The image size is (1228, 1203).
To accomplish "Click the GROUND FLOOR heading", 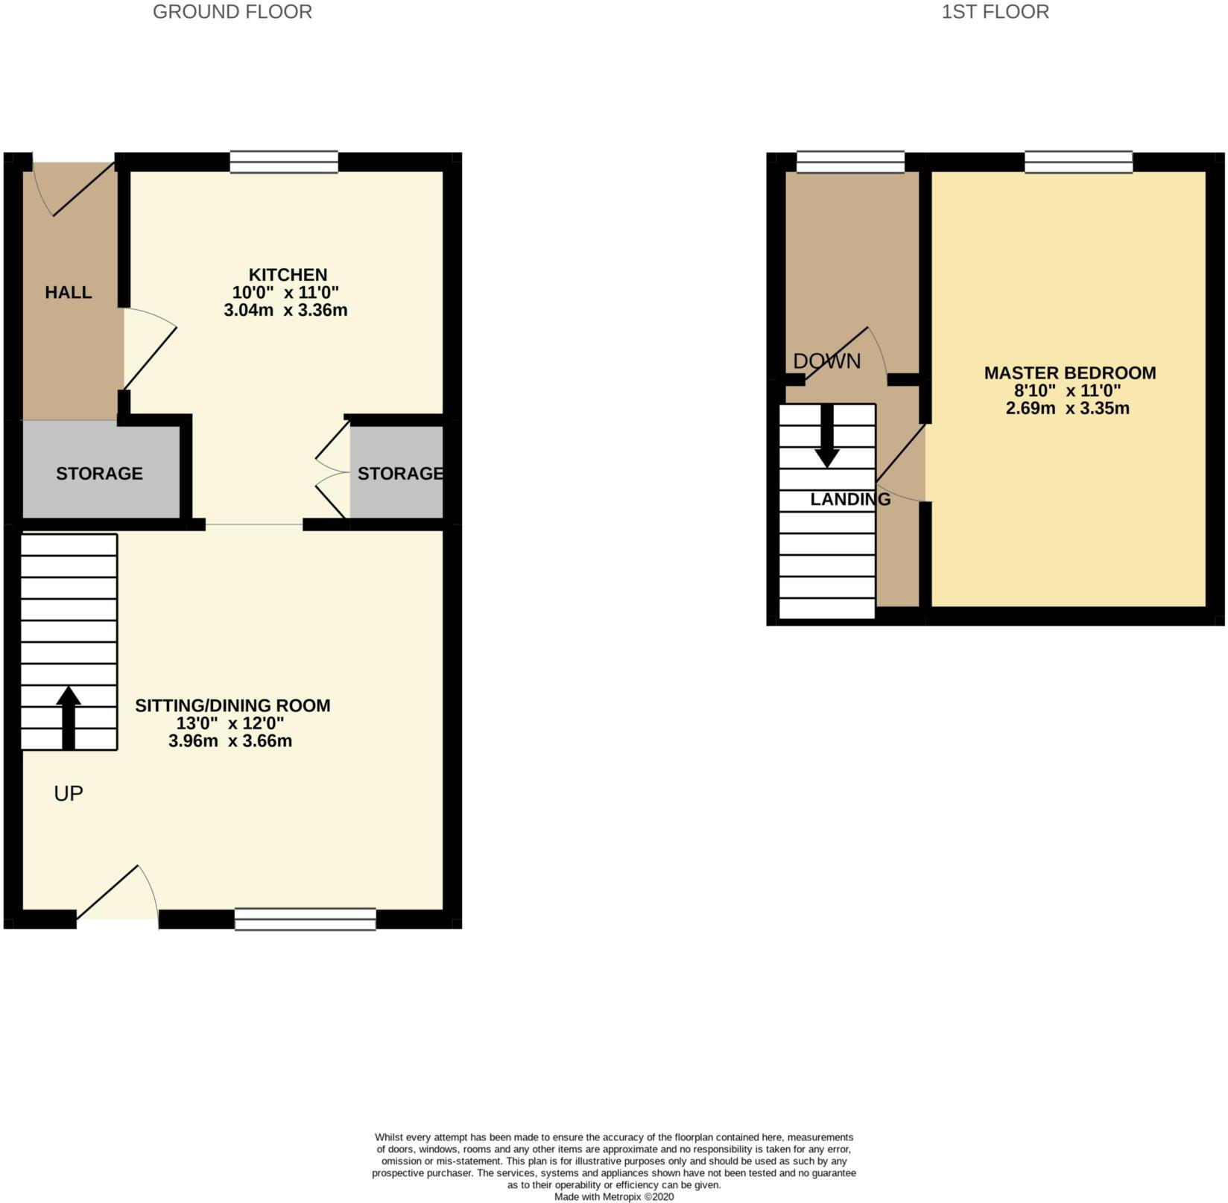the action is pos(232,12).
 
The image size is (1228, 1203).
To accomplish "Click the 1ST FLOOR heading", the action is pos(995,12).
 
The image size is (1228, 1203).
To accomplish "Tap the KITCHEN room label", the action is pos(288,275).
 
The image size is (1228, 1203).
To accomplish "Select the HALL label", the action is pos(69,292).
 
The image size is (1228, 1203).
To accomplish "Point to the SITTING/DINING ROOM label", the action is pos(232,705).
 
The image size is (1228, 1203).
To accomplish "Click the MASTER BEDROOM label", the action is pos(1070,373).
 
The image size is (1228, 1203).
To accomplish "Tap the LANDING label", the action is pos(850,499).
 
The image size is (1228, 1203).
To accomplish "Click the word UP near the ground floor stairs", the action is pos(69,793).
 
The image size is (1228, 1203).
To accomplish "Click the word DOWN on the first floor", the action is pos(827,361).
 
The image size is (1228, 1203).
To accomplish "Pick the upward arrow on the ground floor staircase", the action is pos(69,718).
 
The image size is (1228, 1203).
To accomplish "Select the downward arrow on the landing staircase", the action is pos(827,437).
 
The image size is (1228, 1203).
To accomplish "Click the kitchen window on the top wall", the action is pos(284,162).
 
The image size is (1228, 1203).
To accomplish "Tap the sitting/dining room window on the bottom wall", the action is pos(306,919).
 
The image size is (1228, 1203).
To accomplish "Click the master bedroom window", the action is pos(1079,162).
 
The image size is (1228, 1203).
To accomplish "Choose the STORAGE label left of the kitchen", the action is pos(99,474).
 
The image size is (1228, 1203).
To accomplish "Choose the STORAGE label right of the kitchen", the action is pos(400,474).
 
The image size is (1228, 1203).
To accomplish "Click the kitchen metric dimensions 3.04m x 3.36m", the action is pos(285,310).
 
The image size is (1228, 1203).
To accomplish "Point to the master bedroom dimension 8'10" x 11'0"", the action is pos(1068,391).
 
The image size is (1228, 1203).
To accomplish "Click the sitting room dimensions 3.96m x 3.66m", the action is pos(230,741).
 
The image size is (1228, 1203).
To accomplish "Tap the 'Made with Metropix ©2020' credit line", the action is pos(614,1196).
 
